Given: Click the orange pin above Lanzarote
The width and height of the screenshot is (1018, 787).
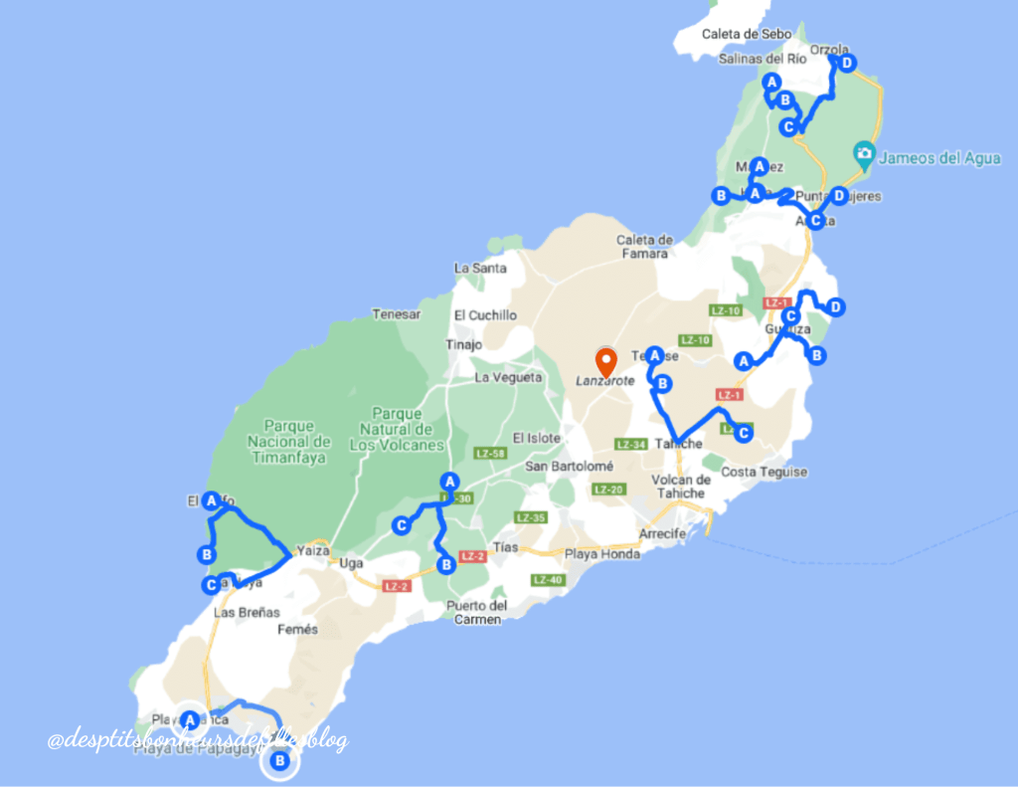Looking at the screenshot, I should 604,360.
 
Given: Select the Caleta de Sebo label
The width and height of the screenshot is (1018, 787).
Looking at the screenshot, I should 746,34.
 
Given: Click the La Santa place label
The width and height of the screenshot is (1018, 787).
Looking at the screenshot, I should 479,268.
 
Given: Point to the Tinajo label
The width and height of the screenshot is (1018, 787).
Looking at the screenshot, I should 464,345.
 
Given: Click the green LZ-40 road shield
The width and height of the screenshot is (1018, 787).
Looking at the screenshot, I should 548,580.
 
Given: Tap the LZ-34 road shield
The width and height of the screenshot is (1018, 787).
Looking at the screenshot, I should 631,444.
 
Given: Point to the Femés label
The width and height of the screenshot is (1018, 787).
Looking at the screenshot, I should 297,629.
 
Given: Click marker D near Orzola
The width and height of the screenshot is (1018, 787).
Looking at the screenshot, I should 846,64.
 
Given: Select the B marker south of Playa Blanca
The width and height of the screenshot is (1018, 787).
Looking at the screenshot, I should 280,762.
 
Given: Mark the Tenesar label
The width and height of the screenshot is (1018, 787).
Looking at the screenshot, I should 396,314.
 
